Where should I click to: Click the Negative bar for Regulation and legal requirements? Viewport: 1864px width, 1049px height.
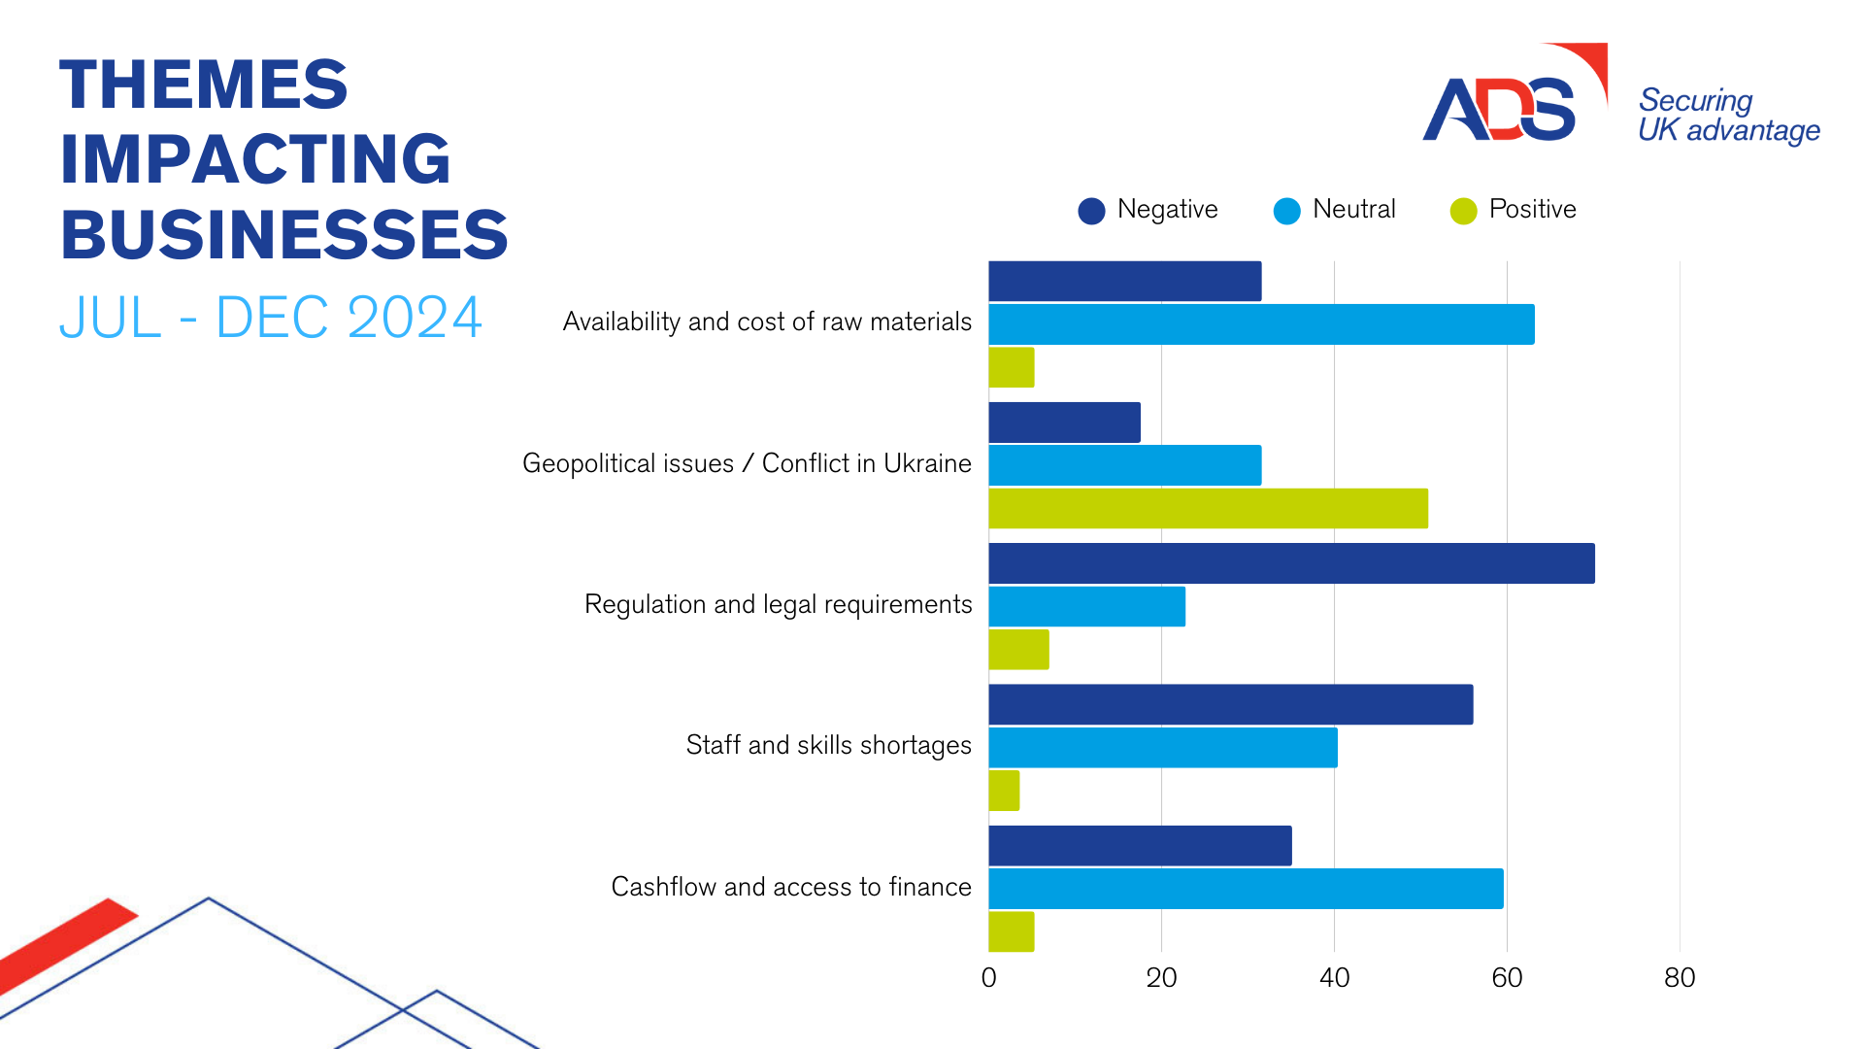click(1291, 563)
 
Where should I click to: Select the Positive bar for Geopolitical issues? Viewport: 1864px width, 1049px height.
click(1208, 509)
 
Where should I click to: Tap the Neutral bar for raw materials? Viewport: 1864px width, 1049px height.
click(1261, 324)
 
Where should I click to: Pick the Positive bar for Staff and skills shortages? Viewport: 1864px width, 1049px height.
click(1004, 791)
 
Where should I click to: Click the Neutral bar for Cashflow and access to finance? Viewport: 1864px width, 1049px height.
click(1246, 889)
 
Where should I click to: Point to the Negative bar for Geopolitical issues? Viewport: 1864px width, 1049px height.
click(1064, 423)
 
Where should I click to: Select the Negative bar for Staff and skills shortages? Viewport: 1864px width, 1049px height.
click(1230, 704)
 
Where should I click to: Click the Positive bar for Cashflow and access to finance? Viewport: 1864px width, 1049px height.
click(1011, 931)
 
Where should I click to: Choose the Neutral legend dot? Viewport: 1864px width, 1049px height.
click(1286, 211)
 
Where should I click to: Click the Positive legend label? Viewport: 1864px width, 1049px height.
click(1532, 209)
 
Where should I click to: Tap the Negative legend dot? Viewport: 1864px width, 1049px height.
click(1091, 211)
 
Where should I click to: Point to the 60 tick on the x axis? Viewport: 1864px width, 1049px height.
click(1507, 977)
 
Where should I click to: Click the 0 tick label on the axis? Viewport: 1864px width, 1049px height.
click(988, 977)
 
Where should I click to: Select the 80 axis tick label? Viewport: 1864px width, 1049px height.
click(1680, 977)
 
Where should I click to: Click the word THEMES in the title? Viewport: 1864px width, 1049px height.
click(204, 85)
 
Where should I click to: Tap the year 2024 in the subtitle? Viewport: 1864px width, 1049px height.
click(414, 318)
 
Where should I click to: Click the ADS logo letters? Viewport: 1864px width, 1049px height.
click(1498, 109)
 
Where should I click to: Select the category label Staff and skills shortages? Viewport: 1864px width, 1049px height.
click(828, 745)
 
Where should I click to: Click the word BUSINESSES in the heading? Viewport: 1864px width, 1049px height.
click(284, 235)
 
